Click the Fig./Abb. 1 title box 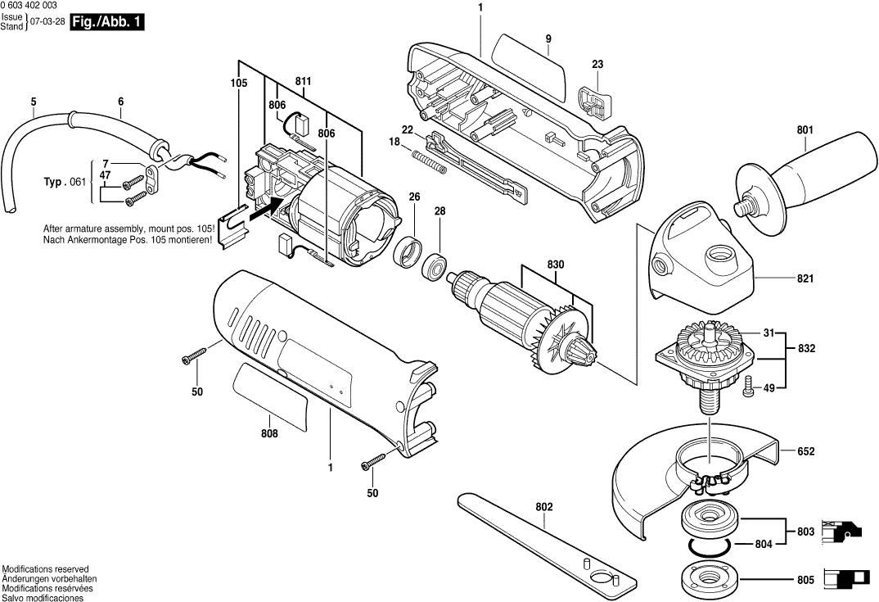pyautogui.click(x=107, y=24)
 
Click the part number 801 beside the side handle pyautogui.click(x=805, y=129)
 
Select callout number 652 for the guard pyautogui.click(x=806, y=451)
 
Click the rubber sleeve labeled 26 pyautogui.click(x=408, y=252)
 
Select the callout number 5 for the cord pyautogui.click(x=34, y=102)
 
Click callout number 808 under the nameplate pyautogui.click(x=269, y=433)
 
